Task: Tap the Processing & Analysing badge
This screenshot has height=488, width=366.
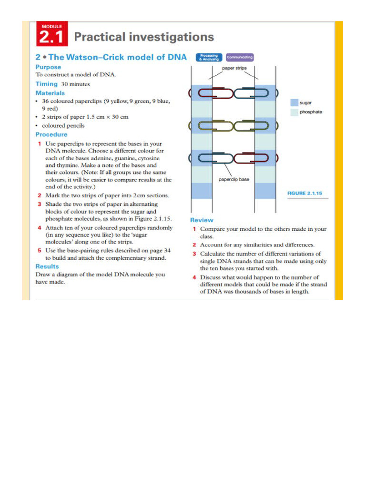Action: point(208,57)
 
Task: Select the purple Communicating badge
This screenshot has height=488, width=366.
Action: point(239,57)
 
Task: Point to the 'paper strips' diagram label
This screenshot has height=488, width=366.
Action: point(234,68)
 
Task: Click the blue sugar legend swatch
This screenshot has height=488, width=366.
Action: point(294,102)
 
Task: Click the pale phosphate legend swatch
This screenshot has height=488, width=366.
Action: point(294,112)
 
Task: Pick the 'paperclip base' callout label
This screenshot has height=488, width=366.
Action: point(234,180)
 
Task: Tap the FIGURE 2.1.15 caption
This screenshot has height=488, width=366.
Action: point(305,193)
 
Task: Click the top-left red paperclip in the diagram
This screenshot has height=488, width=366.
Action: point(212,93)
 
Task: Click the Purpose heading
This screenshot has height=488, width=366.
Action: point(48,67)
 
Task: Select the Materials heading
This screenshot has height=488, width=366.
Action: point(50,93)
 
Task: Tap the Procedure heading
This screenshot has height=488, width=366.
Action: point(51,134)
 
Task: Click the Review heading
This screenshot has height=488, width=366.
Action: point(202,220)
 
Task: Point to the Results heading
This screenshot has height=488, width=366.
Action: point(47,266)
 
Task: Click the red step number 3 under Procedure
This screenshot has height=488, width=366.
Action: point(39,203)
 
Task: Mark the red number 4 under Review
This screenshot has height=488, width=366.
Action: point(194,277)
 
